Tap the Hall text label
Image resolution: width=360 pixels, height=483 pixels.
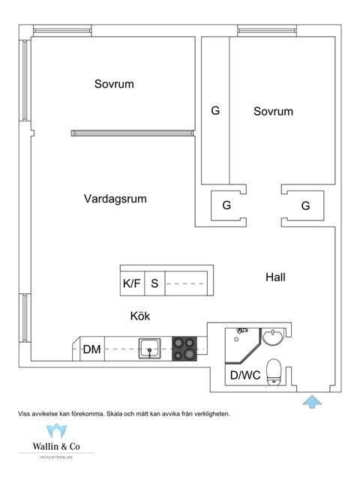tap(275, 277)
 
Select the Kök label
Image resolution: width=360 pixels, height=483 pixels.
tap(139, 316)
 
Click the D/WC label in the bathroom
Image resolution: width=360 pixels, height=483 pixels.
tap(244, 375)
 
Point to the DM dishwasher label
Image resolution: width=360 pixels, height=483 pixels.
tap(92, 349)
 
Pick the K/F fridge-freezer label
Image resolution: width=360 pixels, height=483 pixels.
tap(131, 283)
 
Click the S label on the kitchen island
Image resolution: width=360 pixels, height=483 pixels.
tap(154, 283)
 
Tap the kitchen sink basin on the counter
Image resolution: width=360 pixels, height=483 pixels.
tap(150, 347)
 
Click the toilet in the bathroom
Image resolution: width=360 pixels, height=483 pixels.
tap(275, 370)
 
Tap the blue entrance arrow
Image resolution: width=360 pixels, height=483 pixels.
tap(310, 401)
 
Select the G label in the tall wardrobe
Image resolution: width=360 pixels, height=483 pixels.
tap(215, 111)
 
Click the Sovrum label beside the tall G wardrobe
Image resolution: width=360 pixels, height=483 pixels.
tap(273, 111)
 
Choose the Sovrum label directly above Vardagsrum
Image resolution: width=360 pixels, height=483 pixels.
tap(114, 84)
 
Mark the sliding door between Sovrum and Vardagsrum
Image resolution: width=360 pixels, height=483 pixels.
tap(132, 133)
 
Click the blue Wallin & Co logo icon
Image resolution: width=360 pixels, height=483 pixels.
tap(56, 431)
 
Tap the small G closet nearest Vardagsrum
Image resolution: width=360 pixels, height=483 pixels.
tap(226, 205)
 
